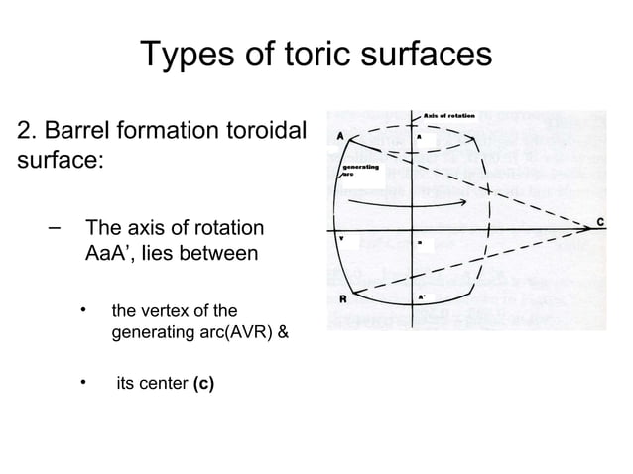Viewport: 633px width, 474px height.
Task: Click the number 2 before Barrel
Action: (x=25, y=131)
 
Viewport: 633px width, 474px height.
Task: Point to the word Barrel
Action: (x=86, y=131)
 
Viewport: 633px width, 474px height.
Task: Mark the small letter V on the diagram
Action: (x=342, y=239)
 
